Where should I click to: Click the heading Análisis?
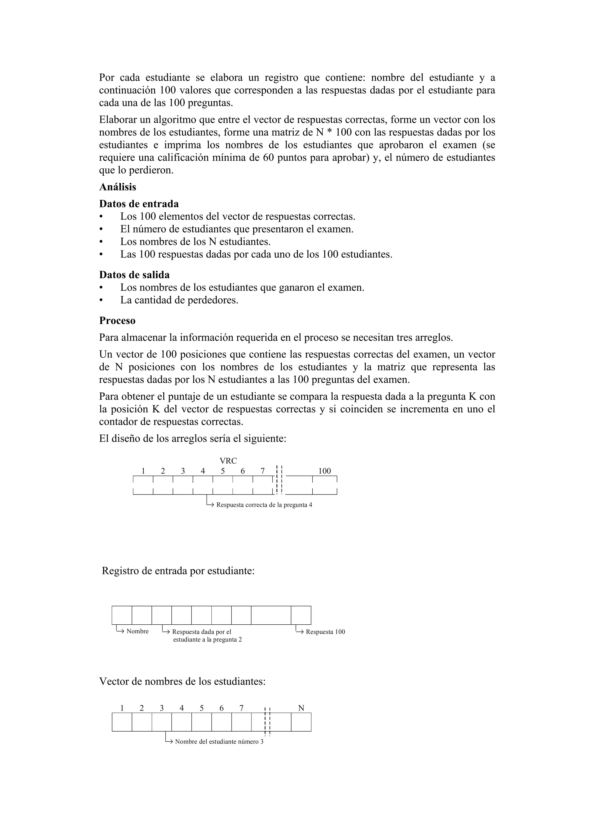(x=117, y=187)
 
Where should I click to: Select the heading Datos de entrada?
(x=139, y=203)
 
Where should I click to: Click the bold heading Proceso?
(x=117, y=321)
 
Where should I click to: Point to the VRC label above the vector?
(x=228, y=461)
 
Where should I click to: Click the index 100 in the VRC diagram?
(x=324, y=471)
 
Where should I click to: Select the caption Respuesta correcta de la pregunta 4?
(x=264, y=505)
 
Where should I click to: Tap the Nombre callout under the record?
(x=137, y=632)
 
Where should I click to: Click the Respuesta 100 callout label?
(x=325, y=632)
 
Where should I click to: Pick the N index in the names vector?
(x=301, y=708)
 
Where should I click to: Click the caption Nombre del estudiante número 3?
(x=219, y=742)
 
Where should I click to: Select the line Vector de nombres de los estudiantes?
(x=182, y=681)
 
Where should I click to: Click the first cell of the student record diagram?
(x=122, y=615)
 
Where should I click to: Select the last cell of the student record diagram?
(x=301, y=615)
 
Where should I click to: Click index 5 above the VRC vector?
(x=222, y=471)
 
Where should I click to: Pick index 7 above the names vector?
(x=241, y=708)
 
